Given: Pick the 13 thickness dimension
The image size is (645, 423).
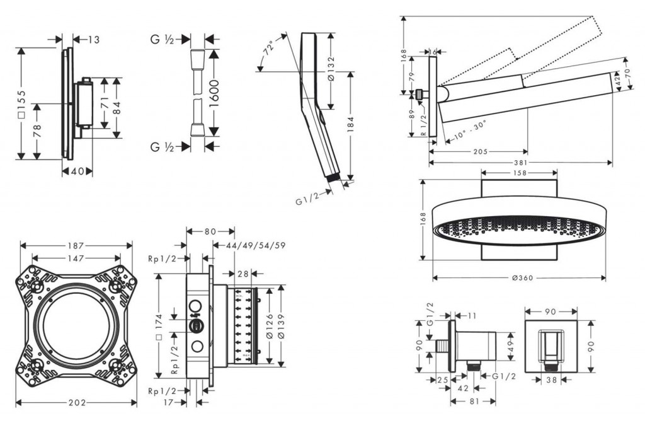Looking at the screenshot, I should [x=93, y=40].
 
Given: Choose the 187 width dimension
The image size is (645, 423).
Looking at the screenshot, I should [x=76, y=245].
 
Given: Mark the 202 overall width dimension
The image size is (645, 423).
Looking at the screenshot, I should [x=76, y=402].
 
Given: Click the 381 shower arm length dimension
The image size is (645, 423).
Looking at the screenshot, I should [x=520, y=163].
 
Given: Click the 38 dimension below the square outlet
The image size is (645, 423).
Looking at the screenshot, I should [x=551, y=380].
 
